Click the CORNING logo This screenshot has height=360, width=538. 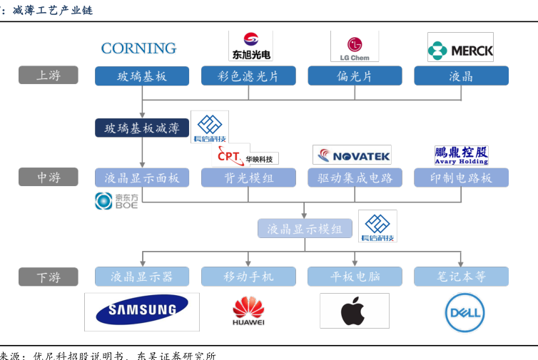pyautogui.click(x=138, y=48)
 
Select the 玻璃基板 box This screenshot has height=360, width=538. pyautogui.click(x=142, y=76)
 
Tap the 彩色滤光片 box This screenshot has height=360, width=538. pyautogui.click(x=248, y=76)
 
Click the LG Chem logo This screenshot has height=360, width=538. pyautogui.click(x=355, y=46)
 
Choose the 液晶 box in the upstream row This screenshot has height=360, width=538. pyautogui.click(x=461, y=76)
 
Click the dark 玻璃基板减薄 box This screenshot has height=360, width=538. pyautogui.click(x=142, y=128)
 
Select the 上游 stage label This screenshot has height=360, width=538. pyautogui.click(x=49, y=76)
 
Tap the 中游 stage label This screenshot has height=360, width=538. pyautogui.click(x=49, y=178)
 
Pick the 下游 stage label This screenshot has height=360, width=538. pyautogui.click(x=49, y=277)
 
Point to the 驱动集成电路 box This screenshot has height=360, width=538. pyautogui.click(x=355, y=178)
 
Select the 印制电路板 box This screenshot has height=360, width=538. pyautogui.click(x=461, y=178)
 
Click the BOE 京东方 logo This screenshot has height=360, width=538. pyautogui.click(x=116, y=201)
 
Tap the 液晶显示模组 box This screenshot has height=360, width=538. pyautogui.click(x=305, y=229)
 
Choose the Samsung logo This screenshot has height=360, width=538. pyautogui.click(x=141, y=310)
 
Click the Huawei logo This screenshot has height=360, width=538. pyautogui.click(x=248, y=312)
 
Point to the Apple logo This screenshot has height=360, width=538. pyautogui.click(x=354, y=311)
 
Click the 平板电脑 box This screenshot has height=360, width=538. pyautogui.click(x=355, y=277)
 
